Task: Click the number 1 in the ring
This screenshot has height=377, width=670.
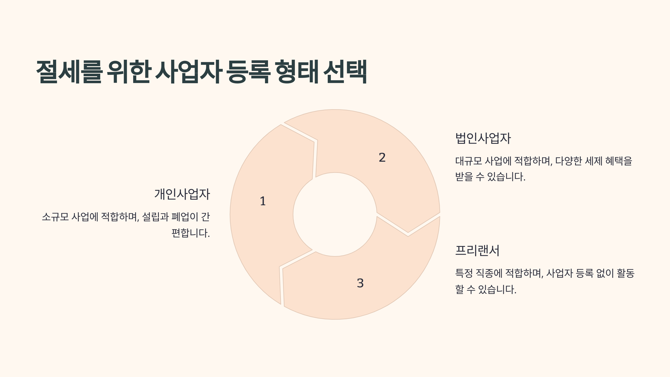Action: tap(263, 201)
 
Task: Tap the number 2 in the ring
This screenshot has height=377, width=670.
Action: tap(382, 158)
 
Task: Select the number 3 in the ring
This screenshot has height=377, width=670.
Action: tap(360, 283)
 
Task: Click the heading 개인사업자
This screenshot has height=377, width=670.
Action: tap(182, 194)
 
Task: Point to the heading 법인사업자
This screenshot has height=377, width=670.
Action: tap(483, 138)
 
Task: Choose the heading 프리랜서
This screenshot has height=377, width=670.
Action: tap(477, 250)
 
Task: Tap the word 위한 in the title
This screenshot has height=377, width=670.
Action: tap(129, 72)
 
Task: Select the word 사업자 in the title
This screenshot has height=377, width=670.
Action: tap(189, 72)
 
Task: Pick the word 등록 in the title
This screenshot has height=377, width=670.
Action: tap(248, 72)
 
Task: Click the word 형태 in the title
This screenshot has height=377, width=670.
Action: tap(297, 72)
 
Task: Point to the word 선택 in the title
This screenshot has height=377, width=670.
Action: tap(345, 72)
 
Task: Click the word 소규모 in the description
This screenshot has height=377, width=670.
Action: tap(55, 217)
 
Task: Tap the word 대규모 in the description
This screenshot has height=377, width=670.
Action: tap(469, 161)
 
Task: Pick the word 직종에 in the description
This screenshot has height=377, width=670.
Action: tap(489, 273)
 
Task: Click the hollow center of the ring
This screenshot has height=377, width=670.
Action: tap(335, 214)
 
